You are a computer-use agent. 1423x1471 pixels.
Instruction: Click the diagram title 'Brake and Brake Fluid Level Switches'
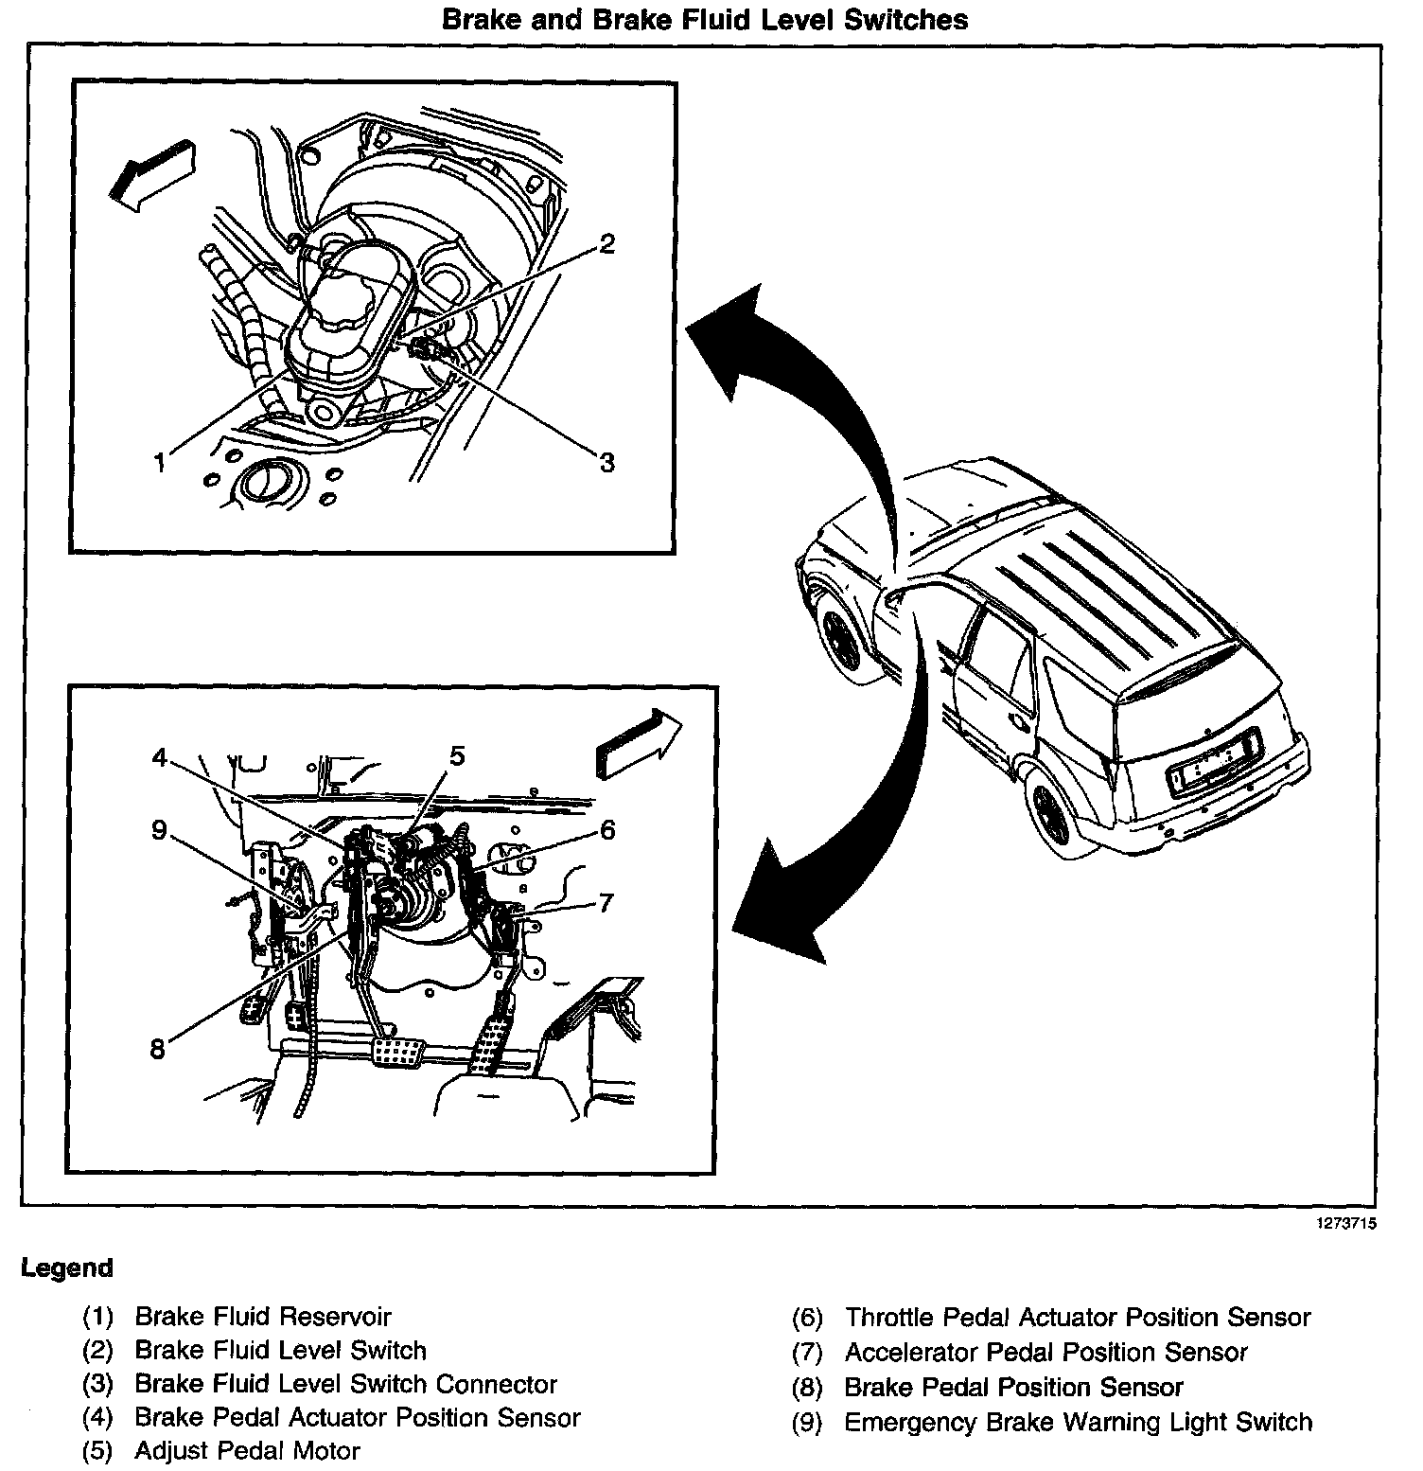(705, 19)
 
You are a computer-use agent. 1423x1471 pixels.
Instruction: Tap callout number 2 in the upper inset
(606, 244)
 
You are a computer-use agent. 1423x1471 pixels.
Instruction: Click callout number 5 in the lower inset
(457, 755)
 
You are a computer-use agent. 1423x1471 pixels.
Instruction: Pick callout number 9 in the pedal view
(159, 830)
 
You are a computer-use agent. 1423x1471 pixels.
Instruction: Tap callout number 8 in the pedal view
(157, 1048)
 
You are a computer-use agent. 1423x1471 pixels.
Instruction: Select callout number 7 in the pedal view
(606, 902)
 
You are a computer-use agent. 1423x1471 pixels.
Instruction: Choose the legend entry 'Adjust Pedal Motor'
(248, 1450)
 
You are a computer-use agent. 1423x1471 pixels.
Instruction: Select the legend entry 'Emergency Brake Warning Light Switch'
(1078, 1422)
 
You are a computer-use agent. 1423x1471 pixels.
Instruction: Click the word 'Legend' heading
(67, 1268)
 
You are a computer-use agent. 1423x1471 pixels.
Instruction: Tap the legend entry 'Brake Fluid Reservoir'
(263, 1317)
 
